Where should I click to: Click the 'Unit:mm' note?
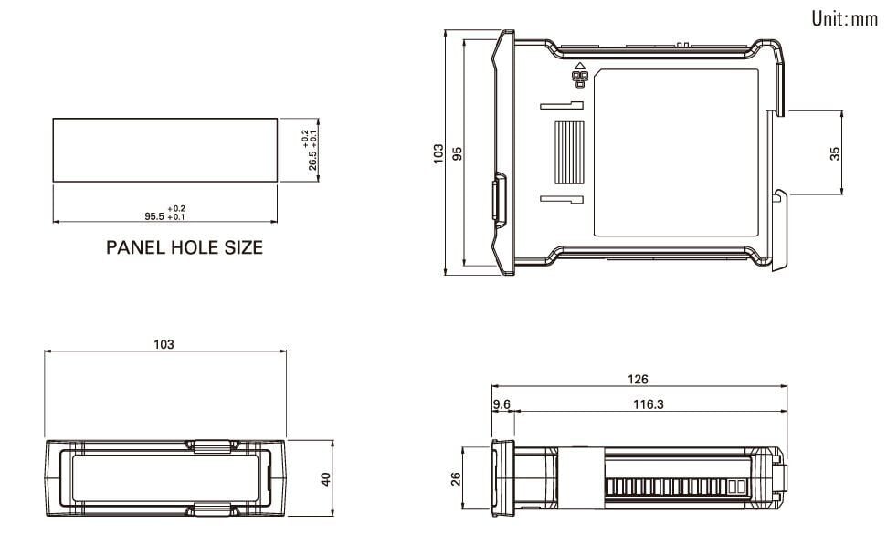click(845, 18)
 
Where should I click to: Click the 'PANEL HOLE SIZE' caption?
click(185, 247)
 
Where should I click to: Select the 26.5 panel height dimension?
click(312, 160)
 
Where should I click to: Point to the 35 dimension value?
click(835, 153)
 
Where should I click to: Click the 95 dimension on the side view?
click(457, 153)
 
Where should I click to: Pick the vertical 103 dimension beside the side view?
click(438, 153)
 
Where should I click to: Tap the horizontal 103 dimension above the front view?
click(164, 344)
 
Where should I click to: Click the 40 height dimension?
click(326, 479)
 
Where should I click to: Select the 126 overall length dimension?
click(638, 379)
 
